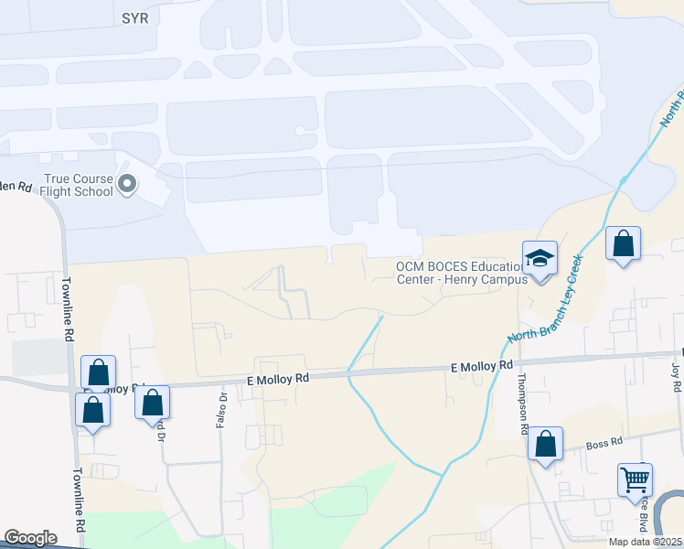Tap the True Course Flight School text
coord(78,186)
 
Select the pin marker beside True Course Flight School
coord(128,186)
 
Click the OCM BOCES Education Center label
coord(462,273)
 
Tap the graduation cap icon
coord(540,257)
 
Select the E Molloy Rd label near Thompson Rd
coord(481,366)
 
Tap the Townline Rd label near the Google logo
coord(80,501)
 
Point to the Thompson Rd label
coord(522,404)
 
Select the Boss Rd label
coord(604,442)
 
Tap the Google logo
coord(31,538)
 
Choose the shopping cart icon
coord(635,478)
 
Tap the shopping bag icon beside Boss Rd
coord(546,444)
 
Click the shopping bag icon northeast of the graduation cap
coord(623,244)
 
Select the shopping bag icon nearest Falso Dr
coord(153,402)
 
